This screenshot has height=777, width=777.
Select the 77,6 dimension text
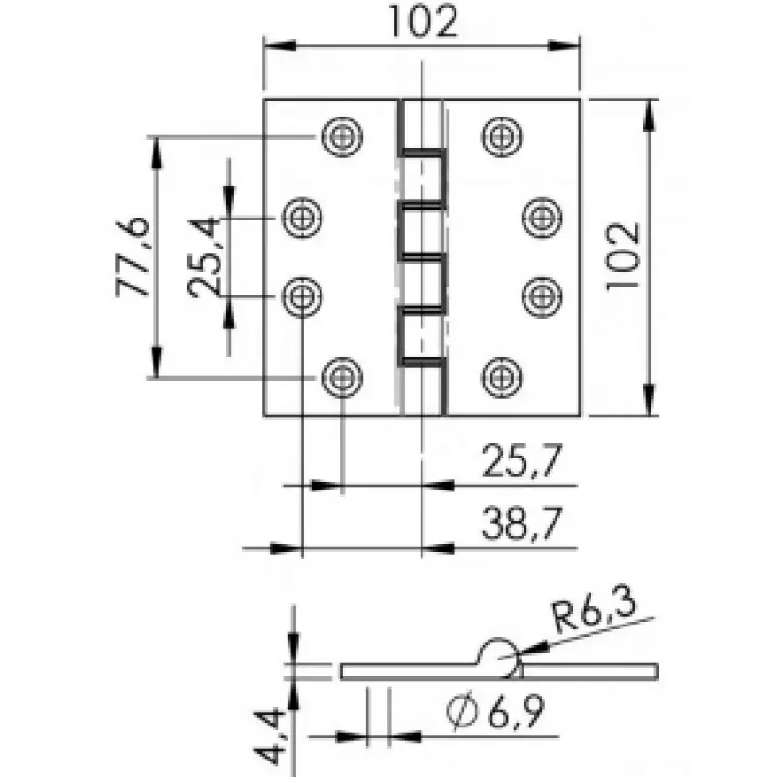tap(132, 256)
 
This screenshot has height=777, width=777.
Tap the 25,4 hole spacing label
tap(204, 256)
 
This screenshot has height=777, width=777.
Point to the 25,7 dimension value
tap(522, 460)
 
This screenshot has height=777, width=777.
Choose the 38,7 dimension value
tap(522, 523)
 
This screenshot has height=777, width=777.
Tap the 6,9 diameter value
tap(516, 712)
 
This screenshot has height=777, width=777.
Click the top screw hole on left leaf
tap(343, 136)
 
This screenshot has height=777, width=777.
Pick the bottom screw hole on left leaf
tap(343, 378)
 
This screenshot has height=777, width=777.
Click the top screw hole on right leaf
tap(501, 136)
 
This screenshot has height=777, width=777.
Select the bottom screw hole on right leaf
tap(501, 378)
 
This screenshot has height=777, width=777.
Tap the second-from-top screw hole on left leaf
tap(302, 217)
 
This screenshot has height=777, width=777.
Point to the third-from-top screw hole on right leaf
tap(542, 297)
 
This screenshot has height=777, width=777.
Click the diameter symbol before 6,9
tap(462, 713)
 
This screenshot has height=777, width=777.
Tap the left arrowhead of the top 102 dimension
tap(280, 45)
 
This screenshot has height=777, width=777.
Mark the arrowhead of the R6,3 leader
tap(532, 648)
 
